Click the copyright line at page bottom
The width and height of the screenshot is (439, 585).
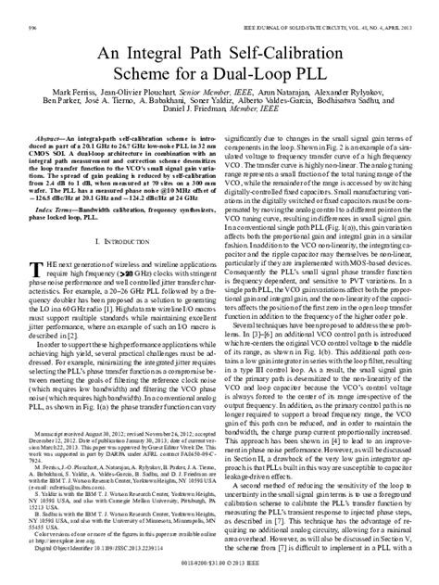(219, 575)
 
